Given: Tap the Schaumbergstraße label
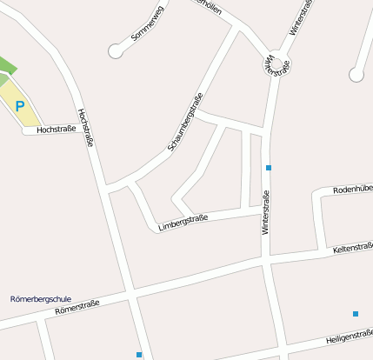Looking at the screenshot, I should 184,123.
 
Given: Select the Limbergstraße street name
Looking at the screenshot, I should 183,223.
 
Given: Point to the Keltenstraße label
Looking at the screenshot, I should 352,250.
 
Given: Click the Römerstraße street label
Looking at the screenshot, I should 77,307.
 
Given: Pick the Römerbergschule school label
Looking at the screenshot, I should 40,298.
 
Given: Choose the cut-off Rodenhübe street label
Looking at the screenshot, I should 354,188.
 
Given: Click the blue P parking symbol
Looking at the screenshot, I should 20,106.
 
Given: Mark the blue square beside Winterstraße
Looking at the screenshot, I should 269,167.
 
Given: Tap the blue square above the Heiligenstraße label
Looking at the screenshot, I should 356,313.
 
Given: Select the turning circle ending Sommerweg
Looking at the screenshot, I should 116,51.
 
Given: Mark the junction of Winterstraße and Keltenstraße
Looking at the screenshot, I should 266,258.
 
